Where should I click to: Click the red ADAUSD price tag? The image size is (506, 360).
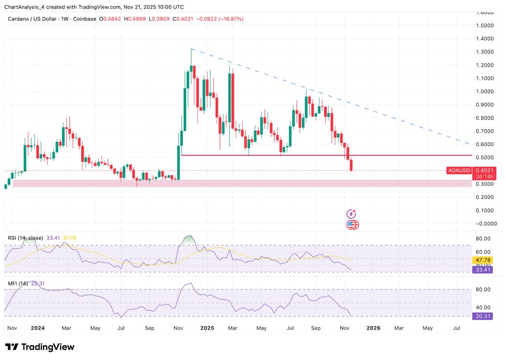(x=460, y=171)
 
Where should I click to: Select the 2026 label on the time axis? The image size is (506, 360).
(x=373, y=328)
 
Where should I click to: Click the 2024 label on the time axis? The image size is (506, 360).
(x=37, y=328)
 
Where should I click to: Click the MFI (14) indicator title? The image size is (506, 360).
(x=18, y=284)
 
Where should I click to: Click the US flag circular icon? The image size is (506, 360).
(x=352, y=225)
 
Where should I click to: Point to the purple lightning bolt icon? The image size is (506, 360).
(x=351, y=214)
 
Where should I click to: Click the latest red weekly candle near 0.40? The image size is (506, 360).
(x=352, y=165)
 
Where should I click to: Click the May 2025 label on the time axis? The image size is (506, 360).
(x=261, y=328)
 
